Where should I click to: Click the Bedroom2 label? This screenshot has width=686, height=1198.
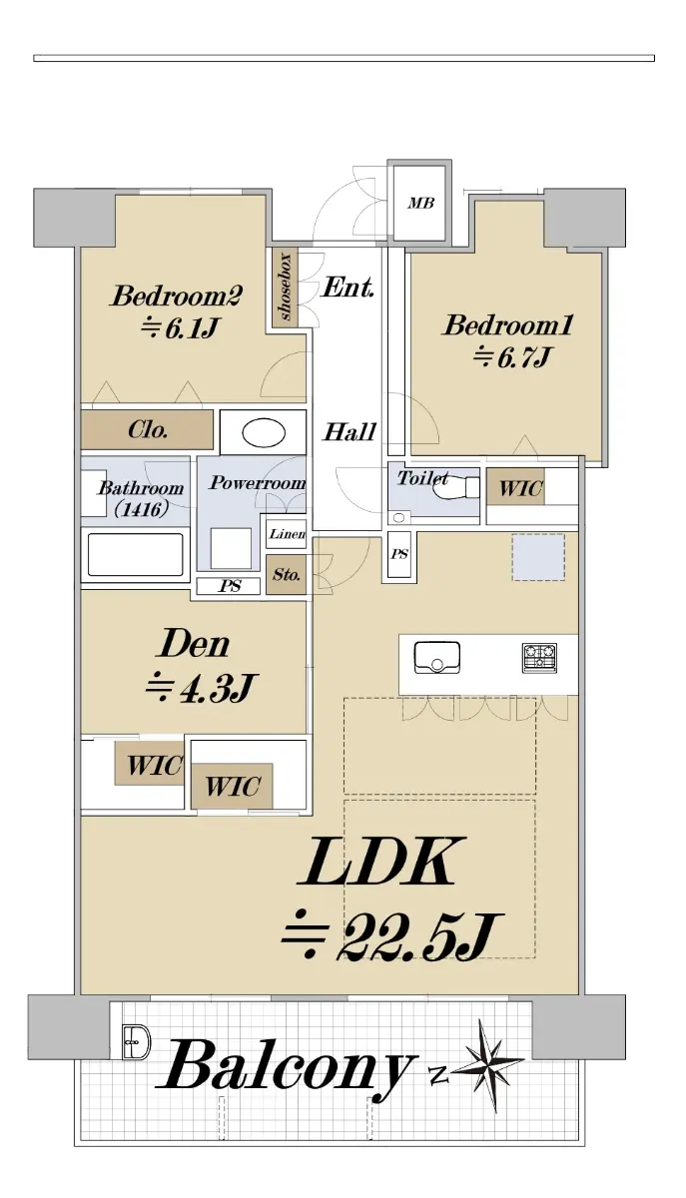click(177, 296)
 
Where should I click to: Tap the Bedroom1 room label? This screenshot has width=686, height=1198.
click(508, 324)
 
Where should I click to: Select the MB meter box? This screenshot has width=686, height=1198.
click(420, 203)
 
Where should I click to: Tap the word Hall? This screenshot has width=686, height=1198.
click(349, 431)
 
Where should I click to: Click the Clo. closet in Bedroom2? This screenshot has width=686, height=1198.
click(147, 429)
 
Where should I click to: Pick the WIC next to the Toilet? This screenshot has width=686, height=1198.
click(516, 487)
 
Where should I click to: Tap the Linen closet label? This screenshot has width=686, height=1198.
click(288, 534)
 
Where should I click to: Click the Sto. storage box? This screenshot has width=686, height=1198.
click(287, 575)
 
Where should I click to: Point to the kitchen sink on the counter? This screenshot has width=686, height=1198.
click(437, 657)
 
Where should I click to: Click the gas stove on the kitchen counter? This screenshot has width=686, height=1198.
click(539, 657)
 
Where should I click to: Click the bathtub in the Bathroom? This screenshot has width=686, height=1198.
click(136, 555)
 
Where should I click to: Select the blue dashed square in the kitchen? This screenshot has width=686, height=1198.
click(538, 557)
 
